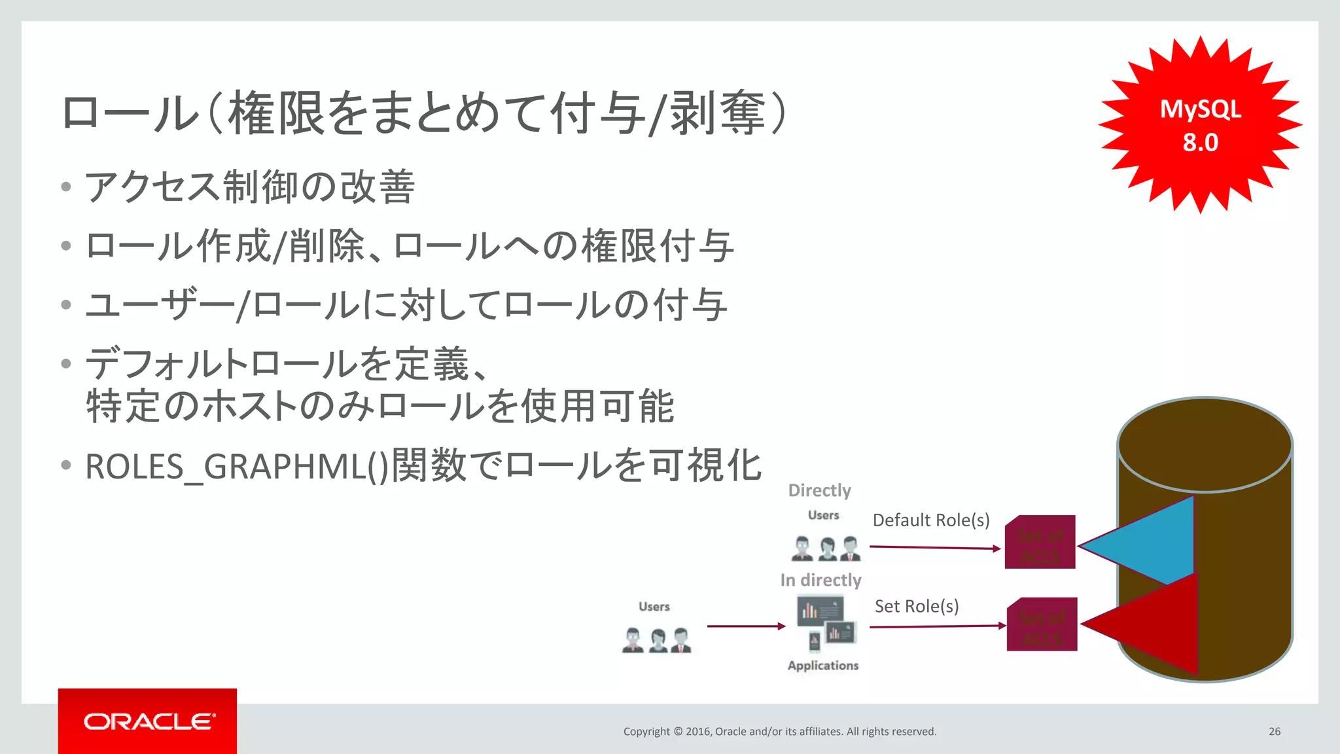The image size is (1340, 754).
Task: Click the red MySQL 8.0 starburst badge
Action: tap(1200, 124)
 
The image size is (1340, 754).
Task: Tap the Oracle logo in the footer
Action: tap(148, 721)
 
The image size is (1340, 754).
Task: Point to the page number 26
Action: tap(1274, 731)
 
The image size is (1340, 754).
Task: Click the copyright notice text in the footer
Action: tap(779, 731)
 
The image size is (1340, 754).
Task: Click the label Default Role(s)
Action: tap(930, 520)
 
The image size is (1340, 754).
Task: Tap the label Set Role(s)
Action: tap(916, 606)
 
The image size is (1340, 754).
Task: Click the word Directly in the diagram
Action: tap(819, 490)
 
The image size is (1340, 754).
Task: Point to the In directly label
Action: tap(820, 580)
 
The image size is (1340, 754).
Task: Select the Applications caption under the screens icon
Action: tap(822, 665)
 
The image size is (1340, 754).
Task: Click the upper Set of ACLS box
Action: tap(1040, 543)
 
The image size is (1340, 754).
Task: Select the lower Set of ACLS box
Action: tap(1042, 625)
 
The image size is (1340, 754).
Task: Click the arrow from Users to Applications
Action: tap(746, 626)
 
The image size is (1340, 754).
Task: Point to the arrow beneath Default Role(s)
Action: tap(934, 547)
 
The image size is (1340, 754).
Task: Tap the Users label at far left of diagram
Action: tap(654, 606)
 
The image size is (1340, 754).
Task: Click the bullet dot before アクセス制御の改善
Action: tap(65, 187)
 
